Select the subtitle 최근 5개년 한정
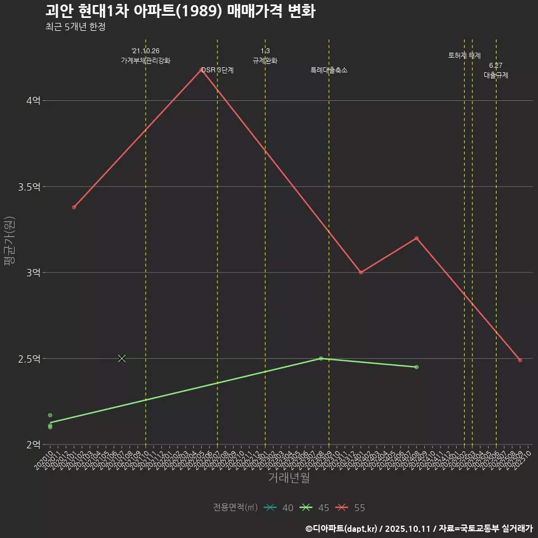pyautogui.click(x=75, y=27)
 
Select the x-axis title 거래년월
pyautogui.click(x=289, y=478)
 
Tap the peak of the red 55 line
pyautogui.click(x=201, y=69)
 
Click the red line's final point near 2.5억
pyautogui.click(x=520, y=360)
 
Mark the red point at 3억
pyautogui.click(x=361, y=272)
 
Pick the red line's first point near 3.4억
pyautogui.click(x=74, y=207)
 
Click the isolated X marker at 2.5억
pyautogui.click(x=122, y=358)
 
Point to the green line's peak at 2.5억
pyautogui.click(x=321, y=358)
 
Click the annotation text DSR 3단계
pyautogui.click(x=217, y=71)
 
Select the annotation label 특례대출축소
pyautogui.click(x=329, y=71)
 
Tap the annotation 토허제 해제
pyautogui.click(x=465, y=55)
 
